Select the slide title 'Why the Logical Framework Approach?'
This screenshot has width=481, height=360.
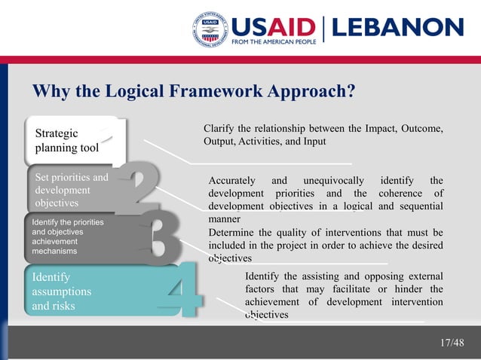tap(194, 91)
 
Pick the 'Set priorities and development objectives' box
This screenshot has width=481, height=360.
tap(72, 191)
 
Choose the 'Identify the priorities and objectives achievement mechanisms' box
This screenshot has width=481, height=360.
tap(68, 237)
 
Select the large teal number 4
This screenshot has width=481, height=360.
tap(181, 291)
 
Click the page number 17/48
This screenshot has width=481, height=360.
tap(452, 343)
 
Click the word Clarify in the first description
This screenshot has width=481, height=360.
tap(219, 130)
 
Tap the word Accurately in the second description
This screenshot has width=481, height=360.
tap(233, 180)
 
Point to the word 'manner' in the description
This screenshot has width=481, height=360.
tap(224, 219)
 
